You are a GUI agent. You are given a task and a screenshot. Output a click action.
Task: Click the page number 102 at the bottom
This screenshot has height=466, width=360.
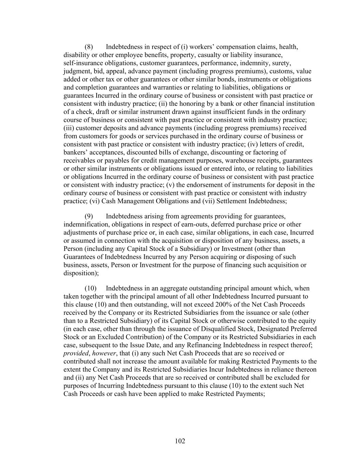coord(180,441)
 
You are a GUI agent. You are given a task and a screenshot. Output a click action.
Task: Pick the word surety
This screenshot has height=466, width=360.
coord(280,63)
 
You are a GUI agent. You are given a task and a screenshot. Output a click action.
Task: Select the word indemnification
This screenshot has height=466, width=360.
coord(86,224)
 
